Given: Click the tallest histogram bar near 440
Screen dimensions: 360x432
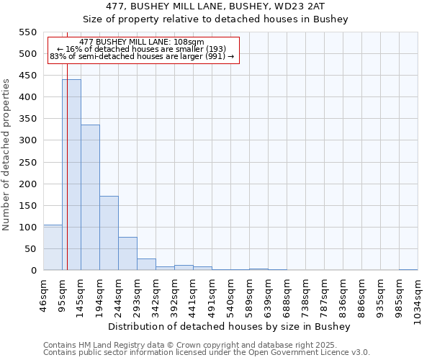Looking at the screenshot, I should click(71, 175).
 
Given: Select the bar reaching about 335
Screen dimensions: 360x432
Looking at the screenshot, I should click(90, 198).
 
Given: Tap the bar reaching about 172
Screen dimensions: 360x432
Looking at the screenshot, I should click(109, 233).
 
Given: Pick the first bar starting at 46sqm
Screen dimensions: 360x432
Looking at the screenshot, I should click(53, 248).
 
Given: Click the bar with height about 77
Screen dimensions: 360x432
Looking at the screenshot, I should click(127, 254).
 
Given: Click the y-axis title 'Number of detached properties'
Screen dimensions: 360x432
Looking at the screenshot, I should click(7, 154).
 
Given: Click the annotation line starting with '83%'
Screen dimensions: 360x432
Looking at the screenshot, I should click(142, 56).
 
